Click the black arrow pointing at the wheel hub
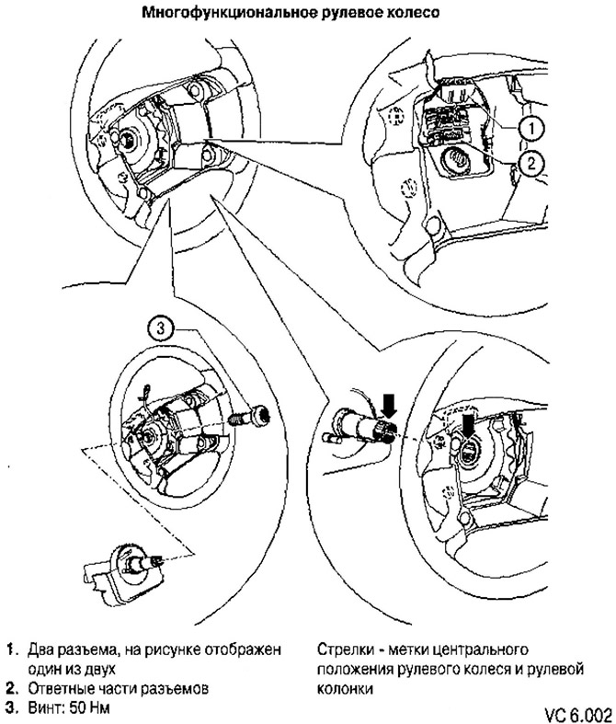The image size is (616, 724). [x=469, y=425]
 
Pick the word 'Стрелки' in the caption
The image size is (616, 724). [x=341, y=649]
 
